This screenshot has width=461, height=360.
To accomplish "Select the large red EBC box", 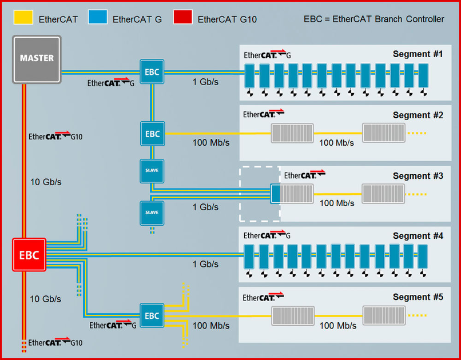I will [x=29, y=255].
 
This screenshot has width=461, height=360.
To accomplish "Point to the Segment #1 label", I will [x=418, y=54].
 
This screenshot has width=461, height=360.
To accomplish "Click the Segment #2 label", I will [x=418, y=115].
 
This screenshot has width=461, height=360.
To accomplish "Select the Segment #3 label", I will [x=418, y=176].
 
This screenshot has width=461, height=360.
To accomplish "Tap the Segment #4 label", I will [x=418, y=236].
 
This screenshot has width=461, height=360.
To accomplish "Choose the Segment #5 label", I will [x=418, y=297].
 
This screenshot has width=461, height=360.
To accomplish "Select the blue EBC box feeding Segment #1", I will [x=152, y=73].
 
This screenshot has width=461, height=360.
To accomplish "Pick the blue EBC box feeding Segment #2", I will [x=152, y=134].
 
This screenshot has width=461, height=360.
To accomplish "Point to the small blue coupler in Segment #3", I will [x=275, y=194].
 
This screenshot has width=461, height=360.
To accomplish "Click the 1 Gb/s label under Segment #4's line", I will [x=205, y=265].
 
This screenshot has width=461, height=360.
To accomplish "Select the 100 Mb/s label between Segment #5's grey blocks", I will [x=337, y=326].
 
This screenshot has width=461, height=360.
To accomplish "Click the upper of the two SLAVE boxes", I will [x=152, y=171].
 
